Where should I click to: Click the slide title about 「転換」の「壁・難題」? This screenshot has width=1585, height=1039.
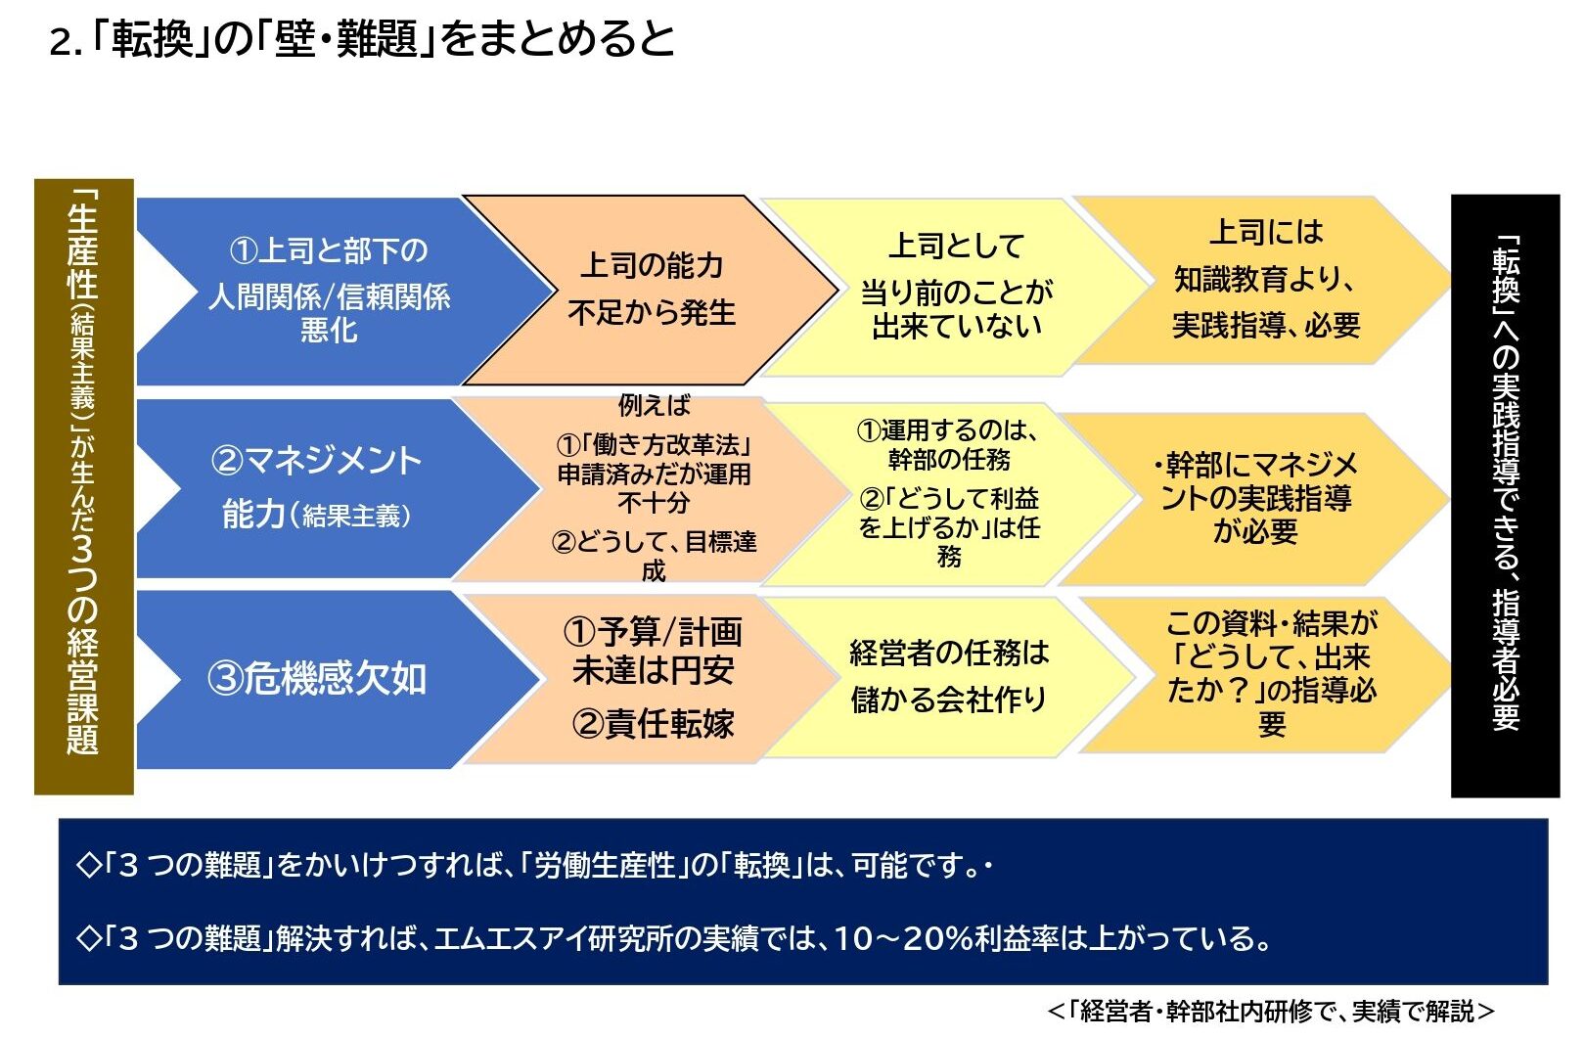click(x=362, y=40)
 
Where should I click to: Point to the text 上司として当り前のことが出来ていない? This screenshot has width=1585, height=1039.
click(x=957, y=286)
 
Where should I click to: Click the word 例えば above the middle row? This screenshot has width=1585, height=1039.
click(x=654, y=406)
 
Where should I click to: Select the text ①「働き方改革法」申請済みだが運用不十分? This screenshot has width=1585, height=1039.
click(x=654, y=474)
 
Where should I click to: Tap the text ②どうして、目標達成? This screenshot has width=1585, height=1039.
click(x=654, y=557)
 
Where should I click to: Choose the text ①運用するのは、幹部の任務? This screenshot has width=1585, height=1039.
click(x=948, y=444)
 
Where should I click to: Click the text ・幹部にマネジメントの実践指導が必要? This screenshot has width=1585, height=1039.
click(x=1256, y=498)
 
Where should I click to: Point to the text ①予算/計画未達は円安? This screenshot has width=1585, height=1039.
click(x=654, y=651)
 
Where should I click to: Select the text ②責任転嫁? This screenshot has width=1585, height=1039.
click(x=654, y=724)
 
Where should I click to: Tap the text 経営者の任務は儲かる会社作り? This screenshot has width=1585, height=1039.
click(x=949, y=676)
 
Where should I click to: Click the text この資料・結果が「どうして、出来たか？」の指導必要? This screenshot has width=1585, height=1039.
click(x=1272, y=673)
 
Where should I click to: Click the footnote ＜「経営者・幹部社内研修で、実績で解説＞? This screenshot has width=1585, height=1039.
click(x=1271, y=1012)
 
